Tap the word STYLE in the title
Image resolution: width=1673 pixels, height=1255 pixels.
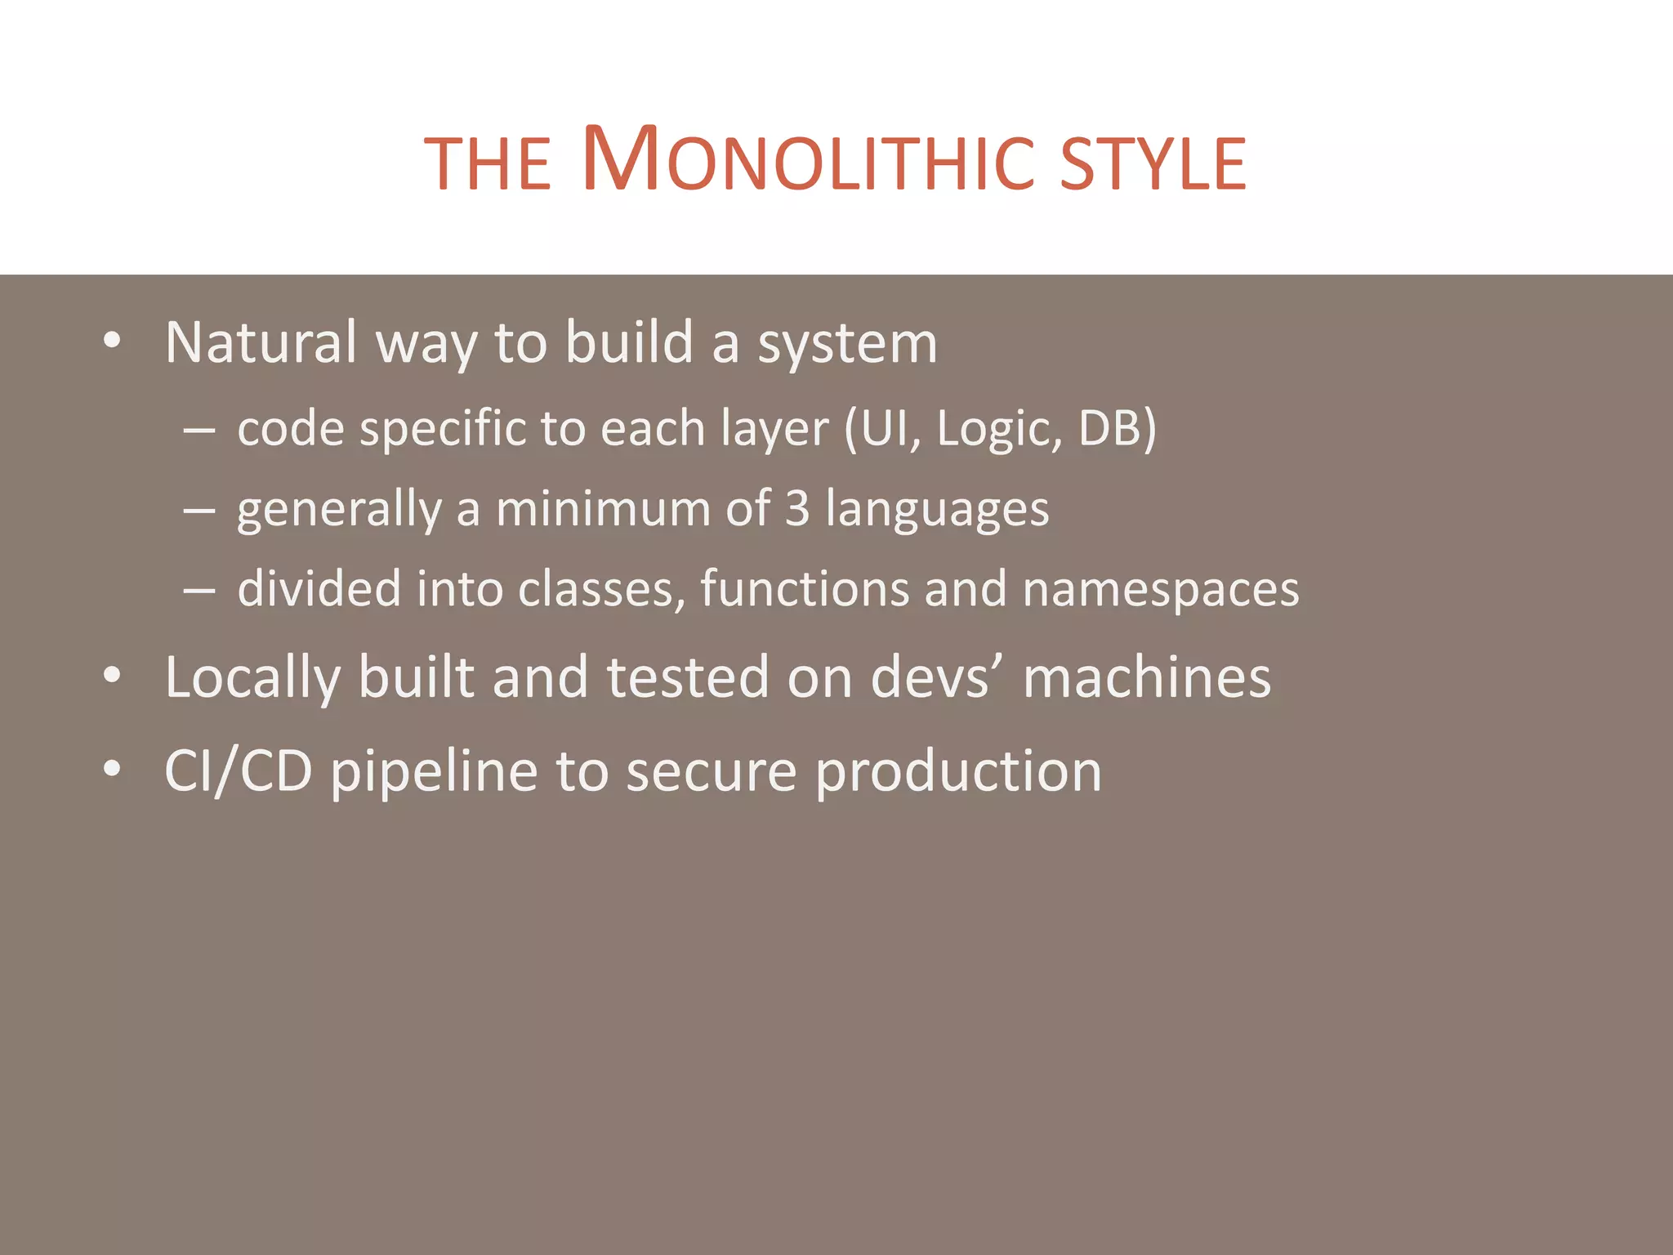(x=1153, y=163)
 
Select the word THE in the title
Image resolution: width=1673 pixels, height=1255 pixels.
(x=489, y=163)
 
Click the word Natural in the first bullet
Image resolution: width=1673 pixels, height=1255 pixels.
(x=261, y=342)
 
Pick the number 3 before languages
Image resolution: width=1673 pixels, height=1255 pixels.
(x=797, y=508)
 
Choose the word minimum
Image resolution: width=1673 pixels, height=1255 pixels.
(x=604, y=508)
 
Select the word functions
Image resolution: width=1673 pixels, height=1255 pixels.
(x=804, y=588)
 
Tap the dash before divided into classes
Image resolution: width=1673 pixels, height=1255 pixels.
(x=199, y=589)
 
